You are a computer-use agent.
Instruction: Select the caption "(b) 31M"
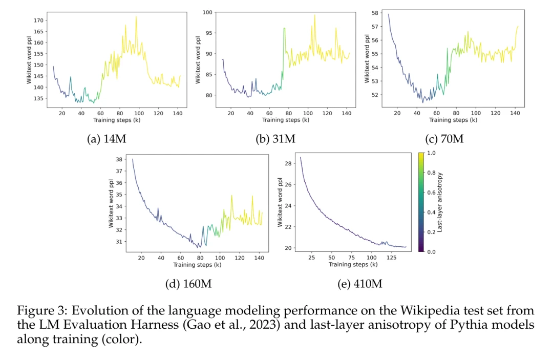(x=275, y=139)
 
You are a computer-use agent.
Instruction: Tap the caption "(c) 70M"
(x=443, y=138)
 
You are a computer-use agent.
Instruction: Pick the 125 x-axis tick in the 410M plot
(x=391, y=257)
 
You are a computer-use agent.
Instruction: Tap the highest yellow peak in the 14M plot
(x=136, y=17)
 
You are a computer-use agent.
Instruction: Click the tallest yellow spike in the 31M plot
(x=314, y=15)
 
